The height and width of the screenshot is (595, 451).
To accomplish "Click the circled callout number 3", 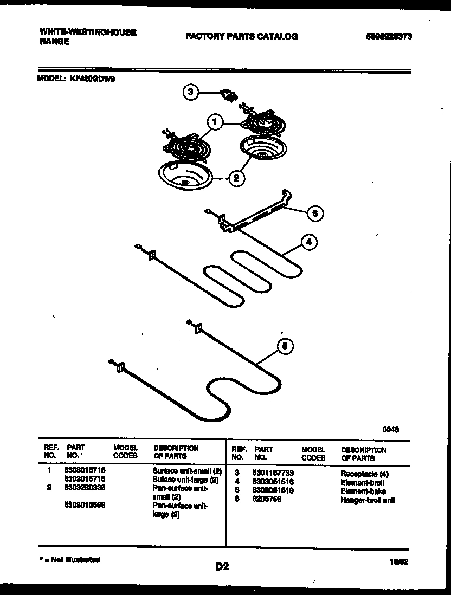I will click(x=190, y=92).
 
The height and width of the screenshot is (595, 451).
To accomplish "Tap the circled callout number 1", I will click(x=215, y=122).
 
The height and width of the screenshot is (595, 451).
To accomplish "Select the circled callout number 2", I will click(x=235, y=177).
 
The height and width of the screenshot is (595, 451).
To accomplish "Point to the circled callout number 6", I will click(x=314, y=213).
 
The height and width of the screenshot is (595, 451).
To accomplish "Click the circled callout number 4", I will click(x=308, y=242).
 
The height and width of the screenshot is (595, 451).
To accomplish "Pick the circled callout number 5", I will click(x=286, y=346).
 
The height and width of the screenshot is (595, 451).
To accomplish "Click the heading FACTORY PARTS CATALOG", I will click(x=241, y=36).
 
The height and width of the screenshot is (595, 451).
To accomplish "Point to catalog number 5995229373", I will click(x=388, y=36).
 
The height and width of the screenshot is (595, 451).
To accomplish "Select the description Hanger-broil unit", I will click(x=368, y=500).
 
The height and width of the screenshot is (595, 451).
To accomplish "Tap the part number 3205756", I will click(x=266, y=500).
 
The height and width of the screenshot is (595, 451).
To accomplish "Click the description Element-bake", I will click(x=363, y=491).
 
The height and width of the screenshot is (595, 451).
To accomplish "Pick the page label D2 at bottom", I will click(x=222, y=567).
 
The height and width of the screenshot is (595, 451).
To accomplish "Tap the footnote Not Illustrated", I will click(x=70, y=560).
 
